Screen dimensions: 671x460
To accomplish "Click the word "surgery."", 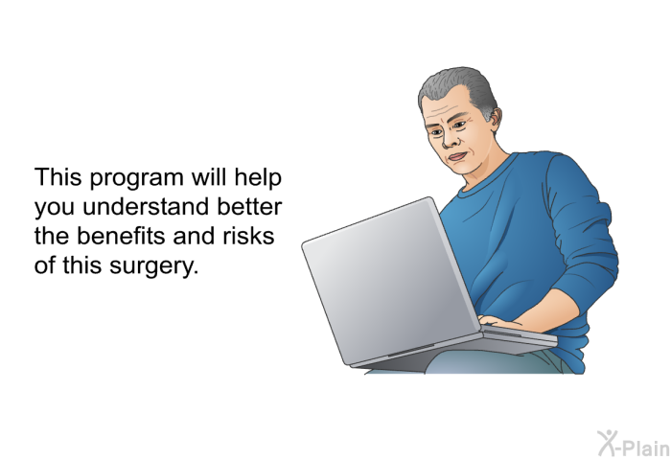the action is tap(154, 266).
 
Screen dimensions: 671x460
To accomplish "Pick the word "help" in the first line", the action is tap(258, 178).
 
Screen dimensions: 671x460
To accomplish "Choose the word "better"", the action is tap(249, 206).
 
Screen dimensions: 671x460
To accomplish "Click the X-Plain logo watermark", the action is tap(634, 444).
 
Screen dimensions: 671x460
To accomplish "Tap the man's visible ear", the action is tap(495, 119).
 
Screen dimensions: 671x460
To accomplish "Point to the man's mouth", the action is tap(456, 156).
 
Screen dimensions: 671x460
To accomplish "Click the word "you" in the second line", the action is tap(56, 208).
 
